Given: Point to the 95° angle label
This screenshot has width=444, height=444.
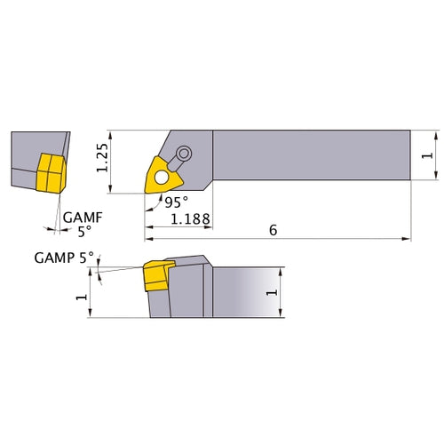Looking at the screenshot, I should click(175, 202).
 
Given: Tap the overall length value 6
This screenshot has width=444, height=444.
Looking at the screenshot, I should click(273, 230).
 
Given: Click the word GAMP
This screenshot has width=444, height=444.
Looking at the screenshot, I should click(52, 258).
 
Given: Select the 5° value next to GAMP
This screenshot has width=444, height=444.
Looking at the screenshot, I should click(85, 258).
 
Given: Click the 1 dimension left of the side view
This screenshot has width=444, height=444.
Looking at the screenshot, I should click(82, 297).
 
